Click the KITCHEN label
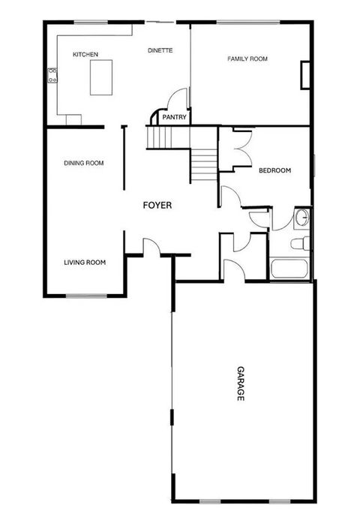coord(85,55)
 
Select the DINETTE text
coord(160,50)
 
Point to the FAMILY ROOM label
coord(247,59)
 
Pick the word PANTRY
coord(174,117)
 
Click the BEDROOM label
coord(274,171)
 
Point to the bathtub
coord(289,269)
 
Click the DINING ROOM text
coord(83,163)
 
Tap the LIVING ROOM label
coord(84,263)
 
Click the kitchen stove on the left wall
coord(52,74)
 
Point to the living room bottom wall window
coord(85,295)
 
